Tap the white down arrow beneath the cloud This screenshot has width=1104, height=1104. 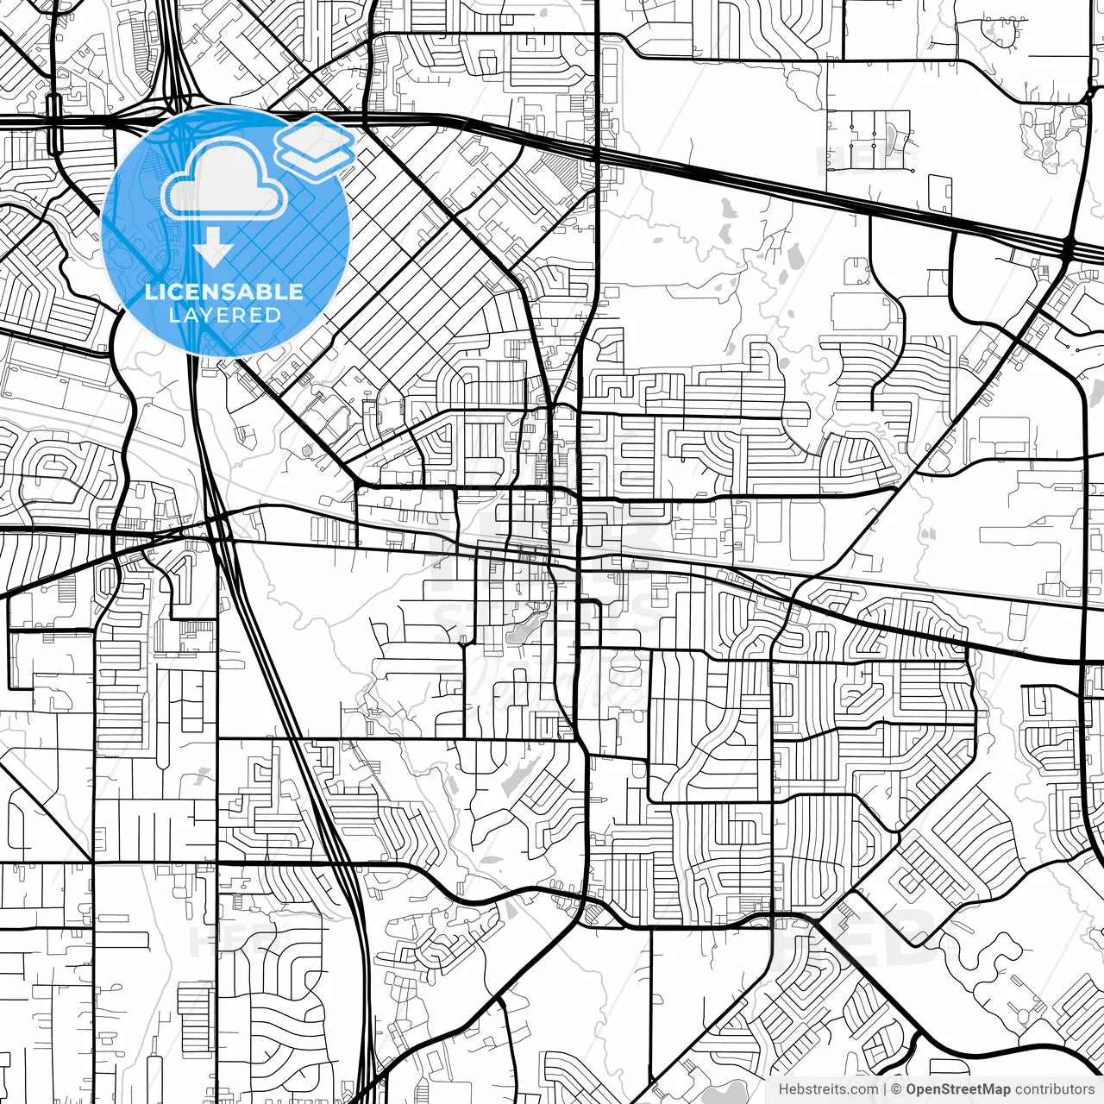click(212, 251)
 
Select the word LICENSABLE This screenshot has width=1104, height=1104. click(224, 292)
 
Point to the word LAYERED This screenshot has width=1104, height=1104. click(224, 315)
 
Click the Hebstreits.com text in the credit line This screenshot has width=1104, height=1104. click(829, 1089)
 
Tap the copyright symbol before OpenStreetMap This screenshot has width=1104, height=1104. click(896, 1089)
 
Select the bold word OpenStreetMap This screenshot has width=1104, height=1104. click(958, 1089)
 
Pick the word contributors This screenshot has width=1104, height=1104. click(1055, 1089)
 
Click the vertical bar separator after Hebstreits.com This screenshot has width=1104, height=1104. click(885, 1089)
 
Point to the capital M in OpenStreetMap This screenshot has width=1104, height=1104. click(992, 1089)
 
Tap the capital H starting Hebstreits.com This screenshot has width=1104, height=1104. click(784, 1089)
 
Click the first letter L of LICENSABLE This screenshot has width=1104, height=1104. click(150, 292)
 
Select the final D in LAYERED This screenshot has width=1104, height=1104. click(273, 315)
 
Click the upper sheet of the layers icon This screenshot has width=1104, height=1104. click(314, 135)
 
